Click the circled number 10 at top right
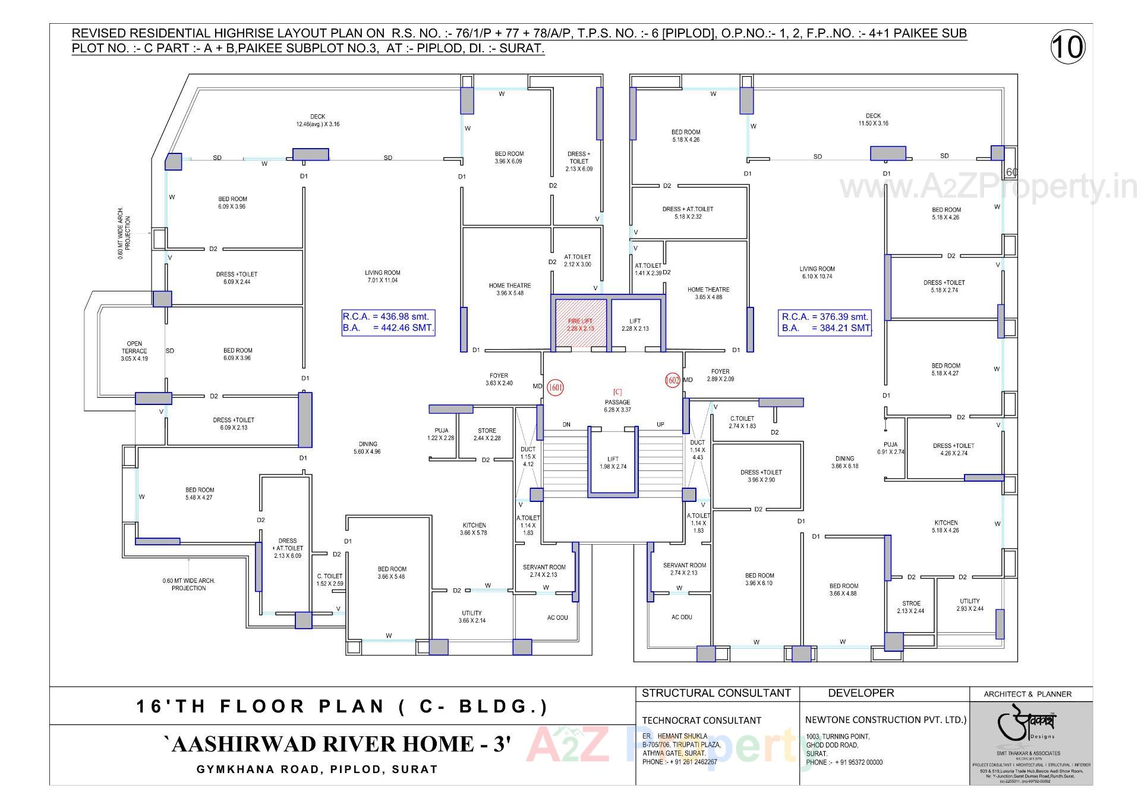pyautogui.click(x=1067, y=46)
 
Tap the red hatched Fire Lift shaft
pyautogui.click(x=581, y=325)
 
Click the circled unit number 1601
pyautogui.click(x=555, y=388)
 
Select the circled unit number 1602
pyautogui.click(x=672, y=380)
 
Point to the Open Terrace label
pyautogui.click(x=134, y=351)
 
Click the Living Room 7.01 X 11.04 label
pyautogui.click(x=382, y=277)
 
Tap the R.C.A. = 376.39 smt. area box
pyautogui.click(x=825, y=322)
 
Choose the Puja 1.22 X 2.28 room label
pyautogui.click(x=441, y=434)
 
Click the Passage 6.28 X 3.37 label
pyautogui.click(x=617, y=406)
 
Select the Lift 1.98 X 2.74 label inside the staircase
pyautogui.click(x=613, y=463)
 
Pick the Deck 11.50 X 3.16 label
pyautogui.click(x=873, y=120)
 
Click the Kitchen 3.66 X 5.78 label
pyautogui.click(x=474, y=529)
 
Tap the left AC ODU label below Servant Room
pyautogui.click(x=557, y=617)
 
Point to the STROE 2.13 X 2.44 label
pyautogui.click(x=910, y=607)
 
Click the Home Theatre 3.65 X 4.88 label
pyautogui.click(x=708, y=293)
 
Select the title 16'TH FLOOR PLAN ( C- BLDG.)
pyautogui.click(x=342, y=706)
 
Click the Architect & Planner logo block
pyautogui.click(x=1030, y=742)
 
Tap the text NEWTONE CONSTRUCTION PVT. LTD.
pyautogui.click(x=885, y=720)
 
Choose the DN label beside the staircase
pyautogui.click(x=566, y=425)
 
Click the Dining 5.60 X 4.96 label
pyautogui.click(x=367, y=448)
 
